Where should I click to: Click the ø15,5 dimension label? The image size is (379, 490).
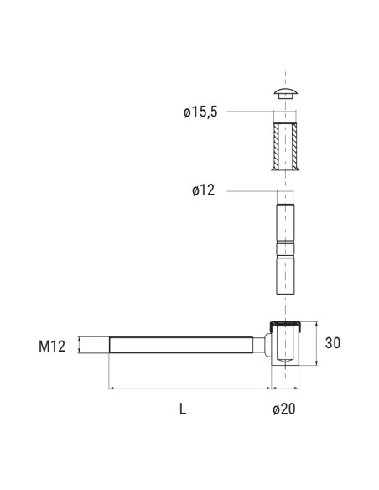click(x=200, y=112)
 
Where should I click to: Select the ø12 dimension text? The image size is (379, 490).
click(x=203, y=190)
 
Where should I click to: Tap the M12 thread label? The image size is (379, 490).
click(x=52, y=346)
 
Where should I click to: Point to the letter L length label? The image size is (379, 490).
click(x=182, y=409)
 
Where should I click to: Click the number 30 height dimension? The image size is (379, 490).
click(x=333, y=343)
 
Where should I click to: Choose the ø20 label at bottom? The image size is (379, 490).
click(x=283, y=409)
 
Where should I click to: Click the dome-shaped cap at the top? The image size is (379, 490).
click(x=285, y=91)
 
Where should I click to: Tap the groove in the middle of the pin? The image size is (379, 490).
click(x=285, y=249)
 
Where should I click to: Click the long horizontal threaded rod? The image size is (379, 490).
click(x=180, y=345)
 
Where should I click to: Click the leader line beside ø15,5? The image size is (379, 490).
click(x=247, y=112)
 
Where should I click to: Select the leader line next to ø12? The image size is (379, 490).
click(x=247, y=190)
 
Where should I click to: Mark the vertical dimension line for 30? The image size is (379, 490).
click(x=317, y=343)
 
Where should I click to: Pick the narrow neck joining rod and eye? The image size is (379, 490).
click(x=262, y=345)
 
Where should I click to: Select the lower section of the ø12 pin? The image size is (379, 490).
click(x=285, y=277)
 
